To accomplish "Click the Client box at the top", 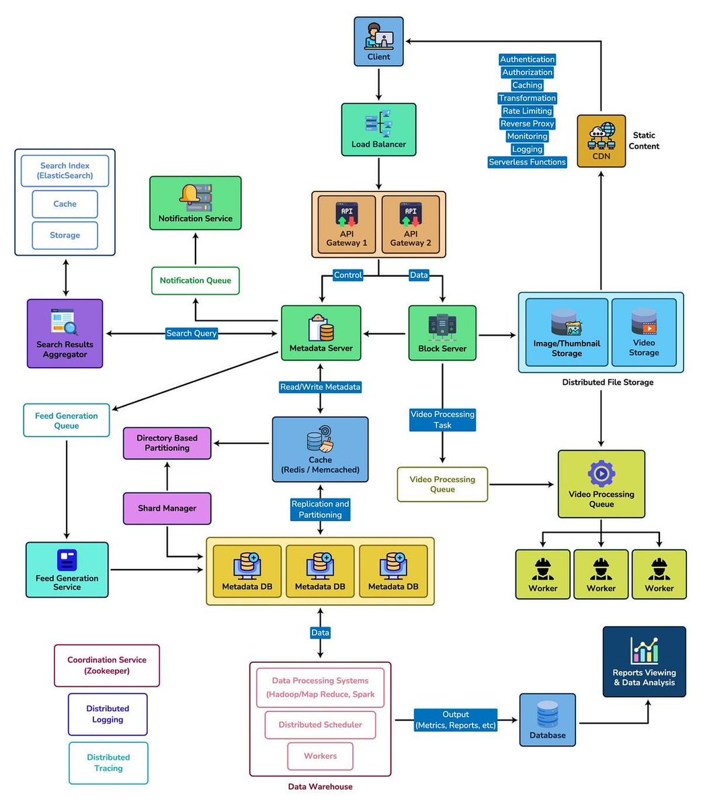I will coord(378,42).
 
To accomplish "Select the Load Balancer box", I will coord(378,130).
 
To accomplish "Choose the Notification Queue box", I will coord(195,280).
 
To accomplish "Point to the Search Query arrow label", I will coord(192,333).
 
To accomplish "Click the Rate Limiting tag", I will coord(527,111).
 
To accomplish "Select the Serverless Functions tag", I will coord(527,162).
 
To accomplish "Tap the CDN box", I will coord(601,141).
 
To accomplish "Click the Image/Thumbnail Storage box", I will coord(567,332).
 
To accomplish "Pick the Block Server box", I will coord(442,333).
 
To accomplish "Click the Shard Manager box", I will coord(167,508).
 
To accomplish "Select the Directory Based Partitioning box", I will coord(167,443).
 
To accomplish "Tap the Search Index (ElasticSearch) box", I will coord(65,171).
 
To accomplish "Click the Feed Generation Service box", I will coord(67,570).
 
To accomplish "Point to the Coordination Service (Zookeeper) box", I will coord(107,666).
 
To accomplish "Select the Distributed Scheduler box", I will coord(320,725).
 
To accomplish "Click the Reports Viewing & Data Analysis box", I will coord(644,662).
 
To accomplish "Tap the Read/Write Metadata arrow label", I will coord(320,387).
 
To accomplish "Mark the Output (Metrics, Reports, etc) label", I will coord(456,720).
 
